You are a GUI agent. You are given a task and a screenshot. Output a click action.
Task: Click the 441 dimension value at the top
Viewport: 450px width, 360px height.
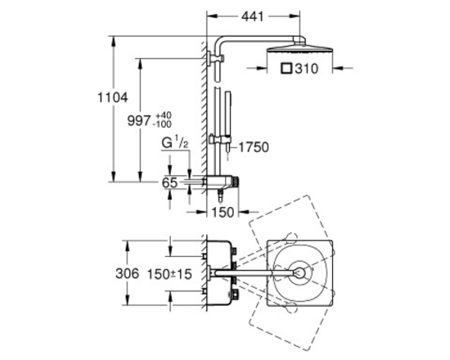coord(253,16)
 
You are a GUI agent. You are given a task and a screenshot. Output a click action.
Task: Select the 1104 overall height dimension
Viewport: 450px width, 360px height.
coord(113,97)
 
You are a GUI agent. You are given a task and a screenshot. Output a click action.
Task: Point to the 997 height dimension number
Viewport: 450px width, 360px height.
coord(139,120)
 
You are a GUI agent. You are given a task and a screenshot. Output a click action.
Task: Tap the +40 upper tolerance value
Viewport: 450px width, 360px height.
coord(164,115)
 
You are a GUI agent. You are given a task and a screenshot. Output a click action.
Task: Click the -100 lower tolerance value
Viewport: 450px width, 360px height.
coord(163,124)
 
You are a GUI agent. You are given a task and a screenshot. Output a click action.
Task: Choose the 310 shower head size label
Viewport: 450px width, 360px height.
coord(307,69)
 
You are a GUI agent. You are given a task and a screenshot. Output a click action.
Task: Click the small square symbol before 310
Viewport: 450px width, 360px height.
coord(286,69)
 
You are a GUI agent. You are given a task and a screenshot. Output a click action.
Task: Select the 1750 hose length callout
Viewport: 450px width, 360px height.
coord(254,147)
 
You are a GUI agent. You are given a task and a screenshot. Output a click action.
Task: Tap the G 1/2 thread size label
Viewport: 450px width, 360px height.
coord(175,142)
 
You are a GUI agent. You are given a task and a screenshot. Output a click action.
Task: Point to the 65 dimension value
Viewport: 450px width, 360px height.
coord(170,182)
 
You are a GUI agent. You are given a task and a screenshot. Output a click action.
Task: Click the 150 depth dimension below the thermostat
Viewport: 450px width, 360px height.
coord(223,213)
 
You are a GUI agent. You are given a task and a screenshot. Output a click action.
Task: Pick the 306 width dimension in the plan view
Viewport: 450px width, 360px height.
coord(127,273)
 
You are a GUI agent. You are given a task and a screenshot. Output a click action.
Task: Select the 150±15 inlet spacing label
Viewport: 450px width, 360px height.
coord(169,274)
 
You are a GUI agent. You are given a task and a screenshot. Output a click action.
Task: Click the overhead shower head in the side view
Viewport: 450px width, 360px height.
coord(300,47)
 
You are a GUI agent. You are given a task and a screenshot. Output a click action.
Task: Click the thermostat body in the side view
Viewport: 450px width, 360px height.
coord(221,182)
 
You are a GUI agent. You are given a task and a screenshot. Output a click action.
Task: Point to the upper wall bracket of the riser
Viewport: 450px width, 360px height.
coord(215,58)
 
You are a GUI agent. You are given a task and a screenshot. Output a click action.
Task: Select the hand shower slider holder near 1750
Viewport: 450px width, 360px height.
coord(219,140)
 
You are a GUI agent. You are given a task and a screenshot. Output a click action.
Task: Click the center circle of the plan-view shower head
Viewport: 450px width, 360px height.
coord(299,273)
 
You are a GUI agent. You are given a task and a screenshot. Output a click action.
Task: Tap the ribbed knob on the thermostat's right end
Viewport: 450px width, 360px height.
coord(236,182)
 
